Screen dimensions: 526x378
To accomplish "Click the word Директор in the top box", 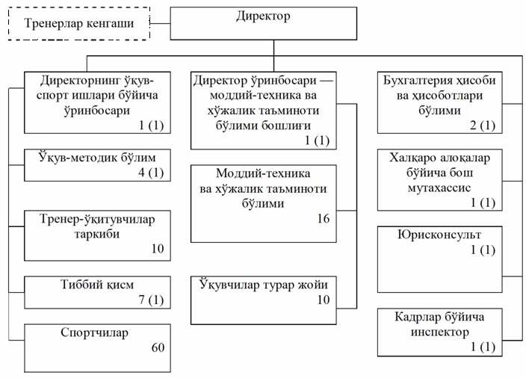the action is (263, 16).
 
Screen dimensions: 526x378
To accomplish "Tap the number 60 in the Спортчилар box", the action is (158, 347).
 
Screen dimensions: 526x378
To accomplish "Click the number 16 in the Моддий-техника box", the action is (324, 219).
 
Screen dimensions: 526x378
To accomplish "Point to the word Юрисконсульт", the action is (439, 235).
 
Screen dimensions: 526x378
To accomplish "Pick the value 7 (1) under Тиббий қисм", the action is (151, 300).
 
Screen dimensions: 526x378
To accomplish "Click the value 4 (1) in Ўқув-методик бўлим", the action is (151, 173).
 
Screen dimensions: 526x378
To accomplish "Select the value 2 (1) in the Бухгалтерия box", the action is (483, 126).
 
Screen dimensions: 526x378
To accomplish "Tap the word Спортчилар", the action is (94, 332).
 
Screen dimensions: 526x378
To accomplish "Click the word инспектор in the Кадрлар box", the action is (440, 332).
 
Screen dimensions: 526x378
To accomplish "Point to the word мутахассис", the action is (439, 188).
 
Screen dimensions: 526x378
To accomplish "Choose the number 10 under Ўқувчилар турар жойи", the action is (324, 300).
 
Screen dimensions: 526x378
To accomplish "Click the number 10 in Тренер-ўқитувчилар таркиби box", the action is (158, 249).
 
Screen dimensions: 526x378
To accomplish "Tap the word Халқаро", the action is (411, 158).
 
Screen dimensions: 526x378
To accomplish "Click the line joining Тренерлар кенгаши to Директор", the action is (160, 23).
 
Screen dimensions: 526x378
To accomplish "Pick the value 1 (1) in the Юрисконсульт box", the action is (483, 250).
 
